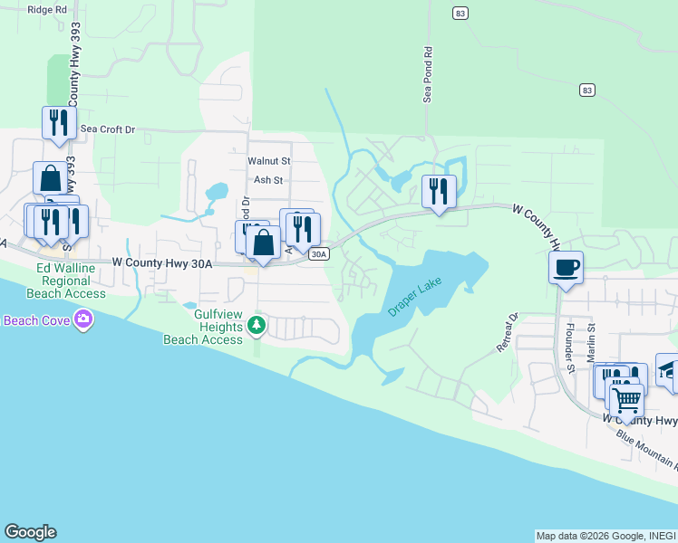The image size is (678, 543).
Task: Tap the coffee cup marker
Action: coord(566,268)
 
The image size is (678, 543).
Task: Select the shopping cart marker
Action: coord(625,398)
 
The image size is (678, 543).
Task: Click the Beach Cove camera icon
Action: coord(83,319)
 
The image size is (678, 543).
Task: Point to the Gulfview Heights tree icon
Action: coord(257,324)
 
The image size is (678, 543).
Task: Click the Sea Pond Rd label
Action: coord(428,75)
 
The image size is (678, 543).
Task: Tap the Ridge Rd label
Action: coord(48,10)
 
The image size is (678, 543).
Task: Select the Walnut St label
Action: coord(268,160)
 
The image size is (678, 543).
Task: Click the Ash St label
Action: coord(268,180)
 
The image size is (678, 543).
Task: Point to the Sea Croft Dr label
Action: coord(108,129)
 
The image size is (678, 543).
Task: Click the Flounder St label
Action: coord(570,347)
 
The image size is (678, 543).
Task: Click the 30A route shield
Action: coord(317,255)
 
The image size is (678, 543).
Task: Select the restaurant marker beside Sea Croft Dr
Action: coord(58,122)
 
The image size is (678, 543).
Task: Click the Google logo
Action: coord(30,532)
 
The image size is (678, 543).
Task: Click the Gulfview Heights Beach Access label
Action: coord(204,327)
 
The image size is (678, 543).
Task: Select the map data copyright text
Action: coord(605,536)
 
